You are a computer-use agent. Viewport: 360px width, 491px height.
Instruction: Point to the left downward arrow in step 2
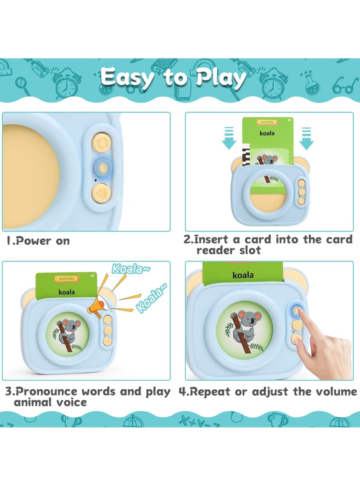pyautogui.click(x=229, y=138)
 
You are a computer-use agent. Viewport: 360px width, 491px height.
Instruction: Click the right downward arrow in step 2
pyautogui.click(x=306, y=138)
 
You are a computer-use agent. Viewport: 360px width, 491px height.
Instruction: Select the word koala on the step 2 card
pyautogui.click(x=266, y=133)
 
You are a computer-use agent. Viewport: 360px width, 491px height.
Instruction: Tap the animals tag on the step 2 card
pyautogui.click(x=266, y=122)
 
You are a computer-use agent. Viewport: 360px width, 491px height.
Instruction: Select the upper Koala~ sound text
pyautogui.click(x=126, y=269)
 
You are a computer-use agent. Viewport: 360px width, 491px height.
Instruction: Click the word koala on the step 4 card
pyautogui.click(x=243, y=275)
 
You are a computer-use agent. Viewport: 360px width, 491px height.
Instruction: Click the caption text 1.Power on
pyautogui.click(x=38, y=241)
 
